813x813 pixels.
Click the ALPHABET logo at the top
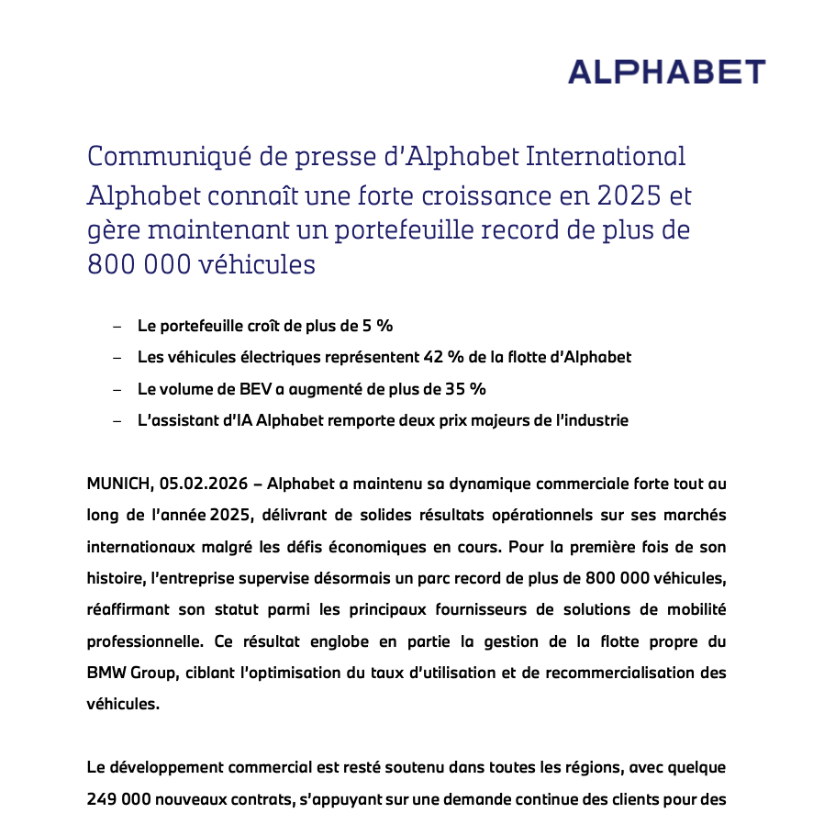(x=666, y=72)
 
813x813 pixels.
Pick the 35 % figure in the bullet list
(x=468, y=389)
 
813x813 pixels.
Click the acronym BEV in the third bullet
(x=251, y=389)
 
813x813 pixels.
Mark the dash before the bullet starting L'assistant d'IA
(x=117, y=420)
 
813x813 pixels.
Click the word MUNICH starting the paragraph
(x=118, y=483)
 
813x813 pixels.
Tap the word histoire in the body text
(x=115, y=578)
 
